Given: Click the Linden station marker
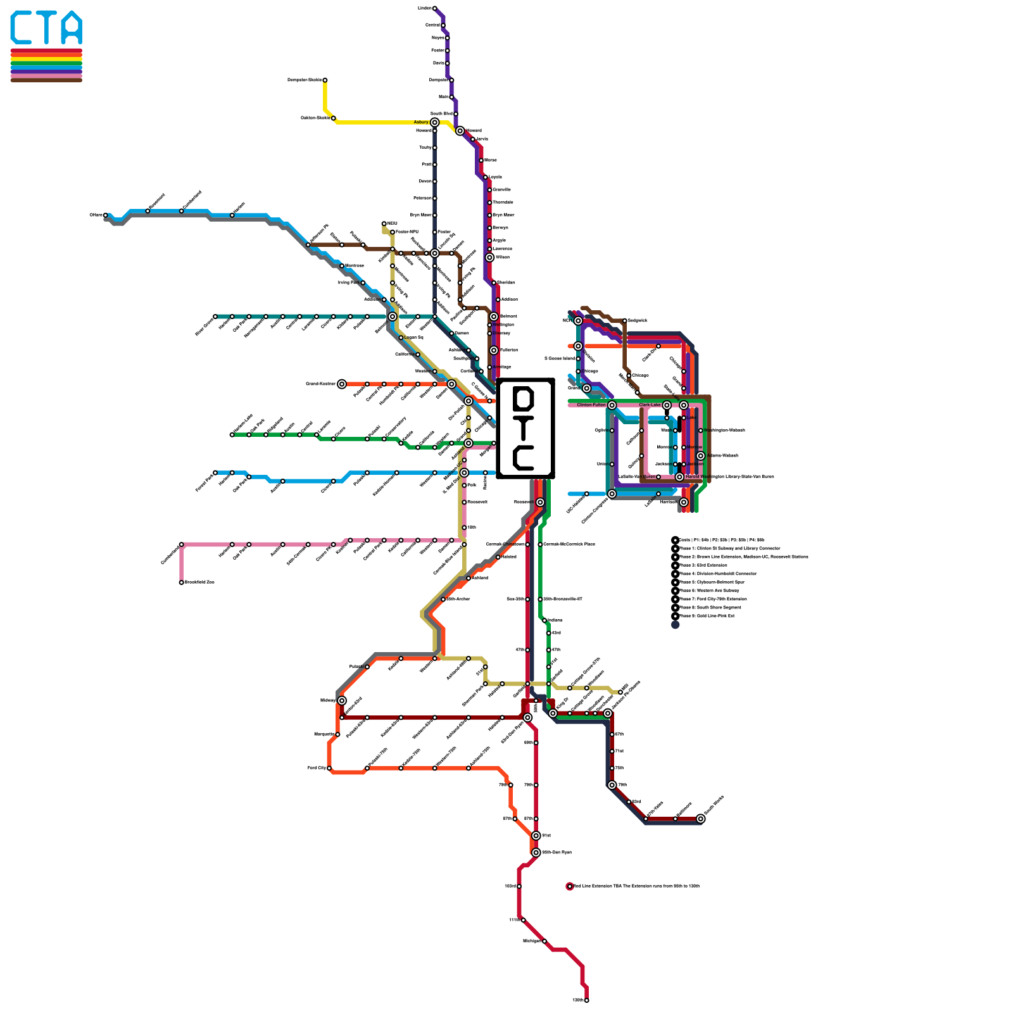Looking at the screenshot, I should (434, 8).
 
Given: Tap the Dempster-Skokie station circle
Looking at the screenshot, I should (325, 80).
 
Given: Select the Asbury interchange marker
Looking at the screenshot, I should (434, 122).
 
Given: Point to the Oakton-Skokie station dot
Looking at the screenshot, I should (334, 118).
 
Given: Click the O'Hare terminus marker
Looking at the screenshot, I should (105, 215).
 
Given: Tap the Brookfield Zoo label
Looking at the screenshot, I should (199, 582).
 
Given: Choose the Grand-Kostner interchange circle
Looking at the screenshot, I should (342, 384).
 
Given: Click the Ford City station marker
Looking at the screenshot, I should (329, 769).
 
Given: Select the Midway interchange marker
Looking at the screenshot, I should (342, 700).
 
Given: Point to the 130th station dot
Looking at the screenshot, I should (587, 1000).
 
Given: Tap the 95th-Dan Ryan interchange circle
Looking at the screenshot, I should (536, 853).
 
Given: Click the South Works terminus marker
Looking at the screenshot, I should (701, 819).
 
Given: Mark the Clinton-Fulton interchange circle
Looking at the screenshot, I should (612, 405).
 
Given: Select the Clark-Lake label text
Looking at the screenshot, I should (650, 405).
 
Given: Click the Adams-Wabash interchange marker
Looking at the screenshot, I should (701, 456).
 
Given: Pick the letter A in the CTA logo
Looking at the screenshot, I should (73, 28).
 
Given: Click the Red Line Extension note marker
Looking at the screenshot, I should (570, 886).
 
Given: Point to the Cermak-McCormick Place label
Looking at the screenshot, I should (569, 544).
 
